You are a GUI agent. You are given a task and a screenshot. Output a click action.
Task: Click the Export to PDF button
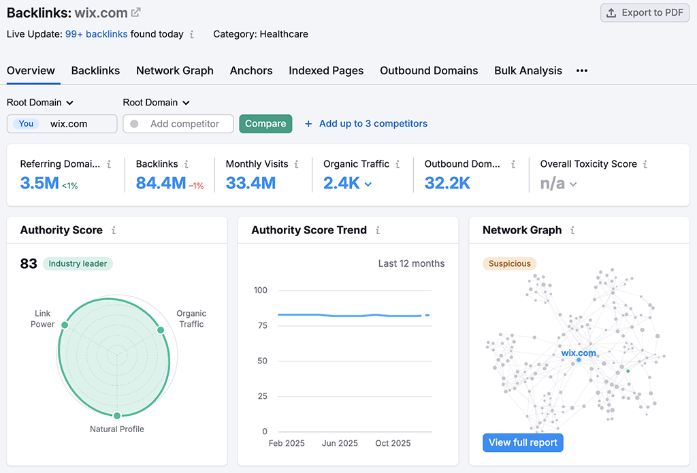pos(645,13)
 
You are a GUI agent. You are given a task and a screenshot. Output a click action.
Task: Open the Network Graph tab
pos(175,71)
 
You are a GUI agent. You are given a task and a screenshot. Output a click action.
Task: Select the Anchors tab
pos(251,71)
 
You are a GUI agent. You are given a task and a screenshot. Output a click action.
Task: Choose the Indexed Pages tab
pos(326,71)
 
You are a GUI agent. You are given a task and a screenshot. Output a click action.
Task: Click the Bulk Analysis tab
pos(528,71)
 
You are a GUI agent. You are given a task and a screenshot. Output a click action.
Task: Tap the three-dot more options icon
pos(581,71)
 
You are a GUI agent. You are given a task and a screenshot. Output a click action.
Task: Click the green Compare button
pos(265,124)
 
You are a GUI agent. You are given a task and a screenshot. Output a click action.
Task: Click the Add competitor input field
pos(184,124)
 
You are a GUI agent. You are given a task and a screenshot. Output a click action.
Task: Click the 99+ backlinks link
pos(96,34)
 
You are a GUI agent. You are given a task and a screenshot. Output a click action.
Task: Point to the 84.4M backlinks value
pos(161,183)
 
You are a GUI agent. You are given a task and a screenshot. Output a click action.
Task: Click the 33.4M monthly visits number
pos(250,183)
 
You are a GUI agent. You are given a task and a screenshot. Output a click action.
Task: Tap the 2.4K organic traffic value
pos(342,183)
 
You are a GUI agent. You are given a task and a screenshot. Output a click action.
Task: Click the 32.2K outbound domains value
pos(447,183)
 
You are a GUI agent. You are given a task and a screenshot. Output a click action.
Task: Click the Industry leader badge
pos(78,264)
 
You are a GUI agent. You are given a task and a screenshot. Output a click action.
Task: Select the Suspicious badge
pos(510,264)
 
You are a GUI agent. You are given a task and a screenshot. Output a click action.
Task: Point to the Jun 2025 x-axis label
pos(340,443)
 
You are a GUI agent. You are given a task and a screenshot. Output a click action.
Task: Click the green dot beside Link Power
pos(65,325)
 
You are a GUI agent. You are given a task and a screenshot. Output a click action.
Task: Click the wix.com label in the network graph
pos(579,353)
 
